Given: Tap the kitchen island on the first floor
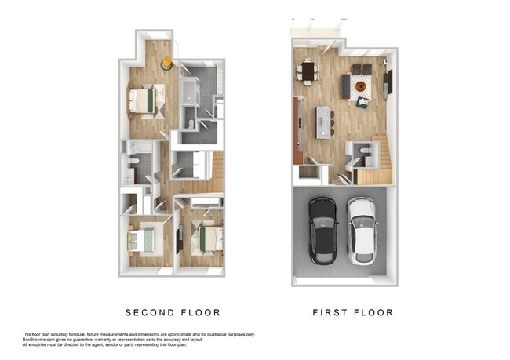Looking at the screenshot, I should point(323,122).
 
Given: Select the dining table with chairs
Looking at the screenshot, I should point(307,73).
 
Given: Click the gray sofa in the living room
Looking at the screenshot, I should point(346,86).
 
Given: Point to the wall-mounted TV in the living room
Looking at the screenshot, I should point(388,83).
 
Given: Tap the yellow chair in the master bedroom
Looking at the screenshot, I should point(166,63).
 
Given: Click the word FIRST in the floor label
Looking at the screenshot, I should point(330,312).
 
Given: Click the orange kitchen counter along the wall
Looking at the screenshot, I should point(298,129).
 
